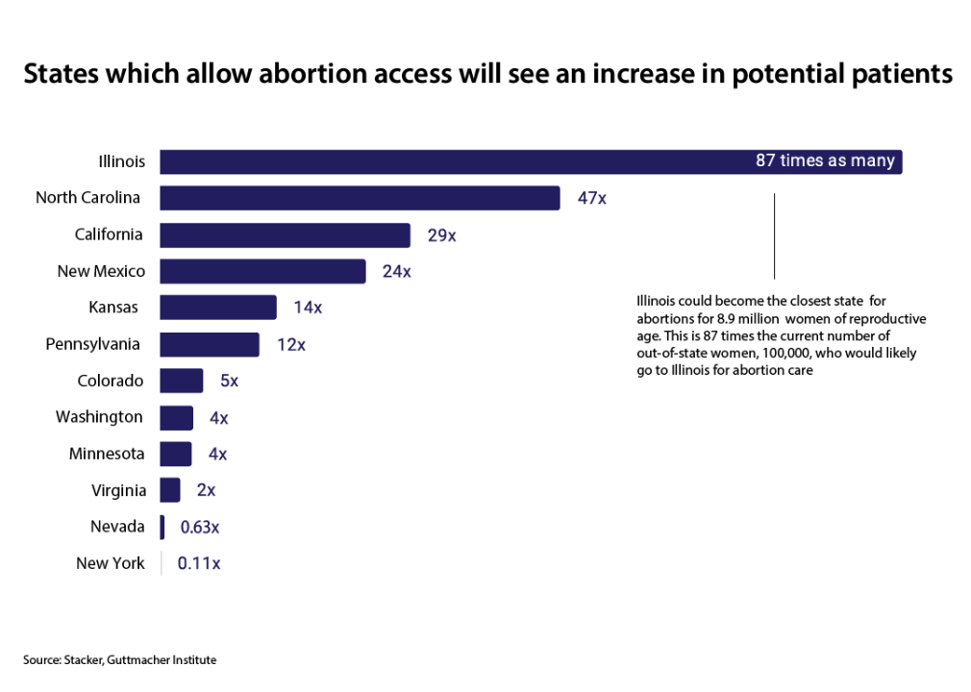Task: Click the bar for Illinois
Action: click(452, 161)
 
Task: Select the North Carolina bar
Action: click(360, 198)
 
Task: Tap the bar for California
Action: click(285, 235)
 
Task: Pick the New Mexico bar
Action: click(262, 271)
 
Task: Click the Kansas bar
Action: click(218, 308)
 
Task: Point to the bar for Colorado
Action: click(181, 381)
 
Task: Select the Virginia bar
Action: click(169, 490)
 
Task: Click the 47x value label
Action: click(591, 199)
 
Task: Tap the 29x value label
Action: click(441, 235)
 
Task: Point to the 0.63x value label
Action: click(200, 528)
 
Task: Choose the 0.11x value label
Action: click(199, 564)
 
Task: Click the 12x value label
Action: click(290, 345)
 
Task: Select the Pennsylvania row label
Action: click(93, 344)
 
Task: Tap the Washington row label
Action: click(99, 417)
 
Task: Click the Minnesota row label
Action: click(107, 454)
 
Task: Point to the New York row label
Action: click(111, 563)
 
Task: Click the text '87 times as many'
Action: click(825, 161)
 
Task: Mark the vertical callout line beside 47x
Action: click(774, 235)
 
